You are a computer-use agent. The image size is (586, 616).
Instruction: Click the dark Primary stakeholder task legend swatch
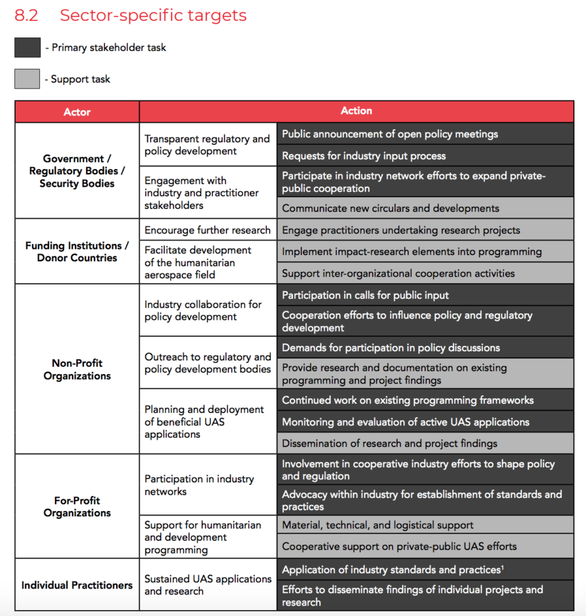(27, 47)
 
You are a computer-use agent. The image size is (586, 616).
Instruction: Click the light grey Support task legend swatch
(27, 79)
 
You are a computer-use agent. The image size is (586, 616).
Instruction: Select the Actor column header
(77, 112)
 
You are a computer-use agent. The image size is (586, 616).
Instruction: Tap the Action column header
(356, 111)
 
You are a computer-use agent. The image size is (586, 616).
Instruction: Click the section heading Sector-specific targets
(153, 15)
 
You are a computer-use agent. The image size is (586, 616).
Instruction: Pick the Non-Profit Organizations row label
(77, 369)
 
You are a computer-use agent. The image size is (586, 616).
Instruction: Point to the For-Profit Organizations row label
(77, 507)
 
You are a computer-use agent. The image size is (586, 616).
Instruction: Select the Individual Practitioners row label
(77, 585)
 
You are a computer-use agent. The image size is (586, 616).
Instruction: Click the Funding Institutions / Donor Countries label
(77, 252)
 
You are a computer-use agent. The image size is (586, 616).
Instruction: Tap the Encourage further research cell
(207, 230)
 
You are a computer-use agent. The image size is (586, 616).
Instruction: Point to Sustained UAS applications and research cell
(207, 585)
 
